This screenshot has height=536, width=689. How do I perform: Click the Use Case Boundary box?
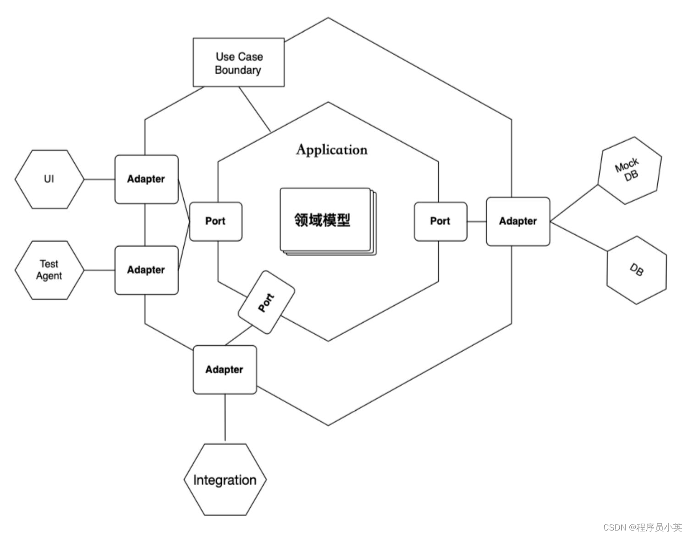(238, 63)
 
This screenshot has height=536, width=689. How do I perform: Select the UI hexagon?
(50, 179)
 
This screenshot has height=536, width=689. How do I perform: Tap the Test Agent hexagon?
(50, 270)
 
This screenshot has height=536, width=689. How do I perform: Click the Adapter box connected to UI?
(146, 179)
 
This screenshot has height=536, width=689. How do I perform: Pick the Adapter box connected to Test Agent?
(146, 270)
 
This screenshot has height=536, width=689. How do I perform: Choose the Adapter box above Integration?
(225, 370)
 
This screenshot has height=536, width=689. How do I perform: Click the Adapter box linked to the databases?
(518, 221)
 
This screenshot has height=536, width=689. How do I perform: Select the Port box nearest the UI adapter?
(215, 221)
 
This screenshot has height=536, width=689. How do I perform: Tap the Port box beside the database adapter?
(440, 221)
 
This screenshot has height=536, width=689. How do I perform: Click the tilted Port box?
(266, 302)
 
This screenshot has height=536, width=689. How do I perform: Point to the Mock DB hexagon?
(629, 170)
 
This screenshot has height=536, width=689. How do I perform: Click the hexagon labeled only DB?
(636, 270)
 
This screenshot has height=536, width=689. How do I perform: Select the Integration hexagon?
(225, 480)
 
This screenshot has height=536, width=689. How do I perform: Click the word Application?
(331, 150)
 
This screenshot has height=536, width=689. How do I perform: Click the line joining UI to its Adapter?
(99, 179)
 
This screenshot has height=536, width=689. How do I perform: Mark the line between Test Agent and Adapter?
(99, 270)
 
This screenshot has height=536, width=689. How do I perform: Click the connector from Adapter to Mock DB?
(574, 204)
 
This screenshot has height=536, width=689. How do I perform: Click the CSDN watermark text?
(642, 527)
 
